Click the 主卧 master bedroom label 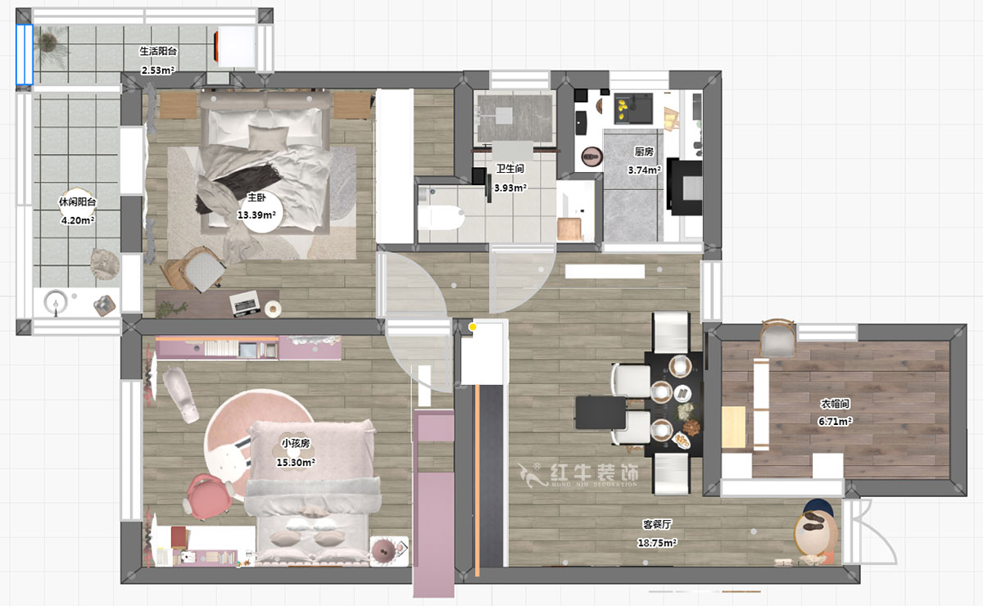[256, 197]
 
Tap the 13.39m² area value [256, 215]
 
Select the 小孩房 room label [296, 443]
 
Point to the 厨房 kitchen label [644, 151]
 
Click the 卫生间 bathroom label [510, 169]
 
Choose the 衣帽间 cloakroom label [835, 403]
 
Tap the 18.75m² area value [657, 543]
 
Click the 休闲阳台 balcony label [78, 201]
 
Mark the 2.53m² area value [158, 70]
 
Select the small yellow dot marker [473, 327]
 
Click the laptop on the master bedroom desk [245, 303]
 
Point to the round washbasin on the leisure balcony [56, 301]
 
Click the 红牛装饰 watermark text [594, 473]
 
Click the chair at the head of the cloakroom [777, 338]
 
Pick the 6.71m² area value [835, 421]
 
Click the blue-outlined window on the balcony [25, 54]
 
